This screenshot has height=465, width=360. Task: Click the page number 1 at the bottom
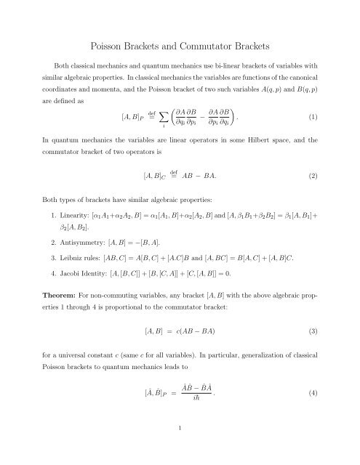tap(180, 449)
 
